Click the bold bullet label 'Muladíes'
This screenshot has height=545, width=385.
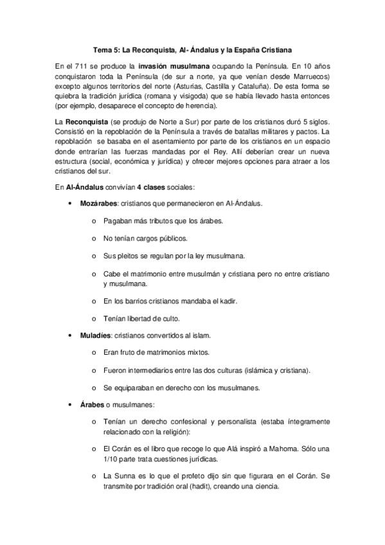[x=94, y=335]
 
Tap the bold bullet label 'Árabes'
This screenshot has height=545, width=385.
[x=91, y=404]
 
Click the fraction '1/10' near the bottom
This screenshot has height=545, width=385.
[x=111, y=459]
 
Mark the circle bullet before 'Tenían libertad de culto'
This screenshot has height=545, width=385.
[x=94, y=318]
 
